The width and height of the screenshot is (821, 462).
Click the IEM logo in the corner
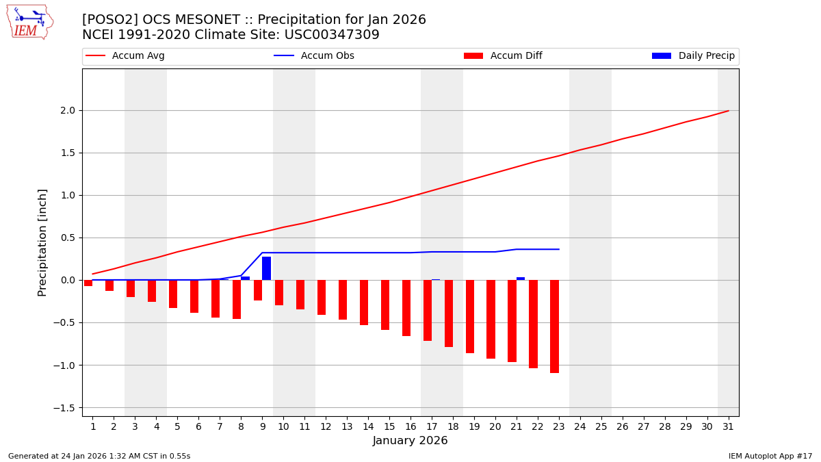(x=29, y=22)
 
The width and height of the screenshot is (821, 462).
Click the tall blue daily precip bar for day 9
(x=266, y=268)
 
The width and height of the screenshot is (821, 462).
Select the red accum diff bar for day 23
(x=554, y=326)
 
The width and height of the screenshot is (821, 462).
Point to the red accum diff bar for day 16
(x=406, y=307)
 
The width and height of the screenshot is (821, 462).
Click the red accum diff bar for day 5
(x=173, y=294)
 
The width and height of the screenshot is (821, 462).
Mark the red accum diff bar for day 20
(x=491, y=319)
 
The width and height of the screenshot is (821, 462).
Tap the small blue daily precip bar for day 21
(x=521, y=279)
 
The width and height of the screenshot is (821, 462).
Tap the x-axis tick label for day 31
(x=728, y=427)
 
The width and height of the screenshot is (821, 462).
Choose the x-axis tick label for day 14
(x=368, y=427)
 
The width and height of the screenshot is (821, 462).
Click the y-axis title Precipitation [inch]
(x=42, y=242)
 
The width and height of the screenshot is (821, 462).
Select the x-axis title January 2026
(x=410, y=441)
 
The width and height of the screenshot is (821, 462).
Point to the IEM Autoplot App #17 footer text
(x=770, y=456)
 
